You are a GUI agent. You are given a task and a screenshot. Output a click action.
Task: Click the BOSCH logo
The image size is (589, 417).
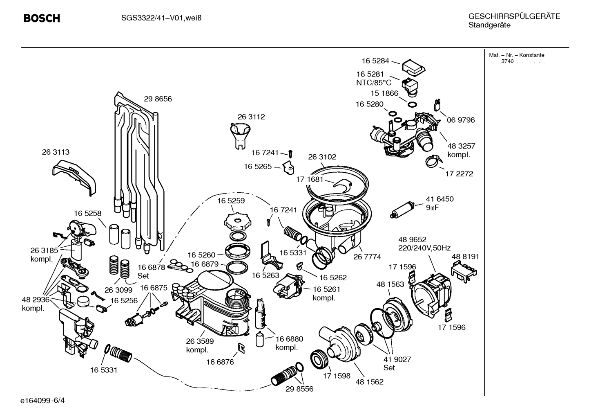click(x=42, y=18)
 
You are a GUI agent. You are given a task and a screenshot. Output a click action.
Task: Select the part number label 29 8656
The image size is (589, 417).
click(x=158, y=99)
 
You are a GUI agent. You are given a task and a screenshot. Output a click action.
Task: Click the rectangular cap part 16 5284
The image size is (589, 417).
click(x=413, y=68)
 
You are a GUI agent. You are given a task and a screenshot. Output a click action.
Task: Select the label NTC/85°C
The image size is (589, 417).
click(x=374, y=83)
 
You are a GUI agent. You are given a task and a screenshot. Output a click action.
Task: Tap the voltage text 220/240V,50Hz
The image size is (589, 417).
click(x=424, y=248)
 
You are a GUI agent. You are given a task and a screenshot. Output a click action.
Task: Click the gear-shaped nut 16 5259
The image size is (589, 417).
click(x=236, y=221)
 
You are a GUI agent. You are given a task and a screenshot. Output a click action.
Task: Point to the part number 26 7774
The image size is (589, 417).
click(x=367, y=257)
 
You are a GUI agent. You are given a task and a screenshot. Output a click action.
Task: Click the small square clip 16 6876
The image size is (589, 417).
click(x=241, y=348)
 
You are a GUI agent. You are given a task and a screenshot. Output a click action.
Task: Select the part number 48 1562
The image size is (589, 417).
click(x=369, y=382)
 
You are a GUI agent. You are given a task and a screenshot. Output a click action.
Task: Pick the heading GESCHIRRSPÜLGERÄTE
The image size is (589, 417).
click(x=514, y=17)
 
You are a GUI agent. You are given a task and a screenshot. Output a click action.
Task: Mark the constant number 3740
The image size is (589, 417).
click(x=507, y=61)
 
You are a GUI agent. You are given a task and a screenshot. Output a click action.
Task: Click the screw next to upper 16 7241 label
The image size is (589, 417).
click(x=290, y=153)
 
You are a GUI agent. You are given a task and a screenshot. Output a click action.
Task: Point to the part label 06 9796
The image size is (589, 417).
click(x=461, y=120)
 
